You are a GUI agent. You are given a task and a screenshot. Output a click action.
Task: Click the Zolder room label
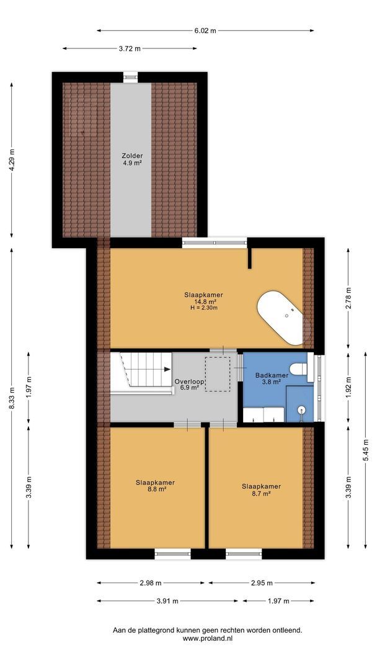(132, 156)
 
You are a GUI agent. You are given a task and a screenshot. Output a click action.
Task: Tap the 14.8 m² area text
(203, 301)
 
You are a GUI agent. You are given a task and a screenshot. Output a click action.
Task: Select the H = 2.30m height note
(203, 308)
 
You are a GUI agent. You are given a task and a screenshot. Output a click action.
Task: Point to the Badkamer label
(272, 375)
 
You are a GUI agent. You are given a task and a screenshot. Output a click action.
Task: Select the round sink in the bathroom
(301, 409)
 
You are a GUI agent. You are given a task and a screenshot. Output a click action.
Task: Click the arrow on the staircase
(167, 369)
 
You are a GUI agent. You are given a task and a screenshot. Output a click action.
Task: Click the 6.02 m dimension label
(205, 30)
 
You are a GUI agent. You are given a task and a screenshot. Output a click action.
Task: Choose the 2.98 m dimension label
(151, 583)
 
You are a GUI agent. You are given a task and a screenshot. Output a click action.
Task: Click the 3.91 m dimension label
(167, 601)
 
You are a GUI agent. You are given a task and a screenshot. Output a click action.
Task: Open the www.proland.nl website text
(207, 638)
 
